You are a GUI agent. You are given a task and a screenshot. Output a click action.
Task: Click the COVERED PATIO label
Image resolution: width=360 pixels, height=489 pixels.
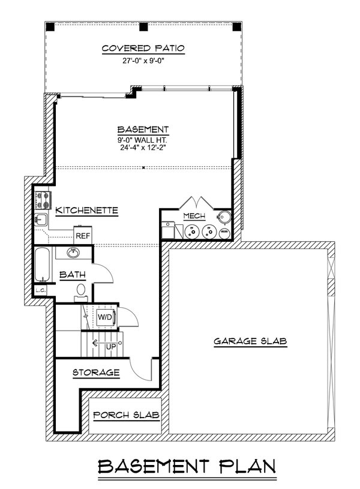(x=143, y=48)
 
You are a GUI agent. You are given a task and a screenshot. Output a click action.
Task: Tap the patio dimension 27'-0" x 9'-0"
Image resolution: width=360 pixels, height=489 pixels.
(x=143, y=60)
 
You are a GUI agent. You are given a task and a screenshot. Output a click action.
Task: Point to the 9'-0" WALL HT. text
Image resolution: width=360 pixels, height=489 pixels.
(x=143, y=140)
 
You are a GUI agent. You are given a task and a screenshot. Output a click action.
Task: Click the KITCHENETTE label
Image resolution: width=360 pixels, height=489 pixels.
(x=86, y=211)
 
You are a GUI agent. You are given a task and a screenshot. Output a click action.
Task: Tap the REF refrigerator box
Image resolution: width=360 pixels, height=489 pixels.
(x=82, y=236)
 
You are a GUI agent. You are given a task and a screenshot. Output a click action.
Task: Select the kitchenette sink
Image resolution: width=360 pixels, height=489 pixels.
(x=41, y=219)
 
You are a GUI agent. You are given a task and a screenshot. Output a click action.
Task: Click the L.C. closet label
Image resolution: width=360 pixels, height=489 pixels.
(x=41, y=290)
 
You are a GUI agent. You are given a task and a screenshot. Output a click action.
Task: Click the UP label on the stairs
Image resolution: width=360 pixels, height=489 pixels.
(x=109, y=347)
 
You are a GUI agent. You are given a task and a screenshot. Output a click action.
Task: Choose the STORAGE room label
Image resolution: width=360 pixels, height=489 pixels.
(x=96, y=373)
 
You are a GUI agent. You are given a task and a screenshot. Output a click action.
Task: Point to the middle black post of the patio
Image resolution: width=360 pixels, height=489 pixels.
(x=143, y=27)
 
